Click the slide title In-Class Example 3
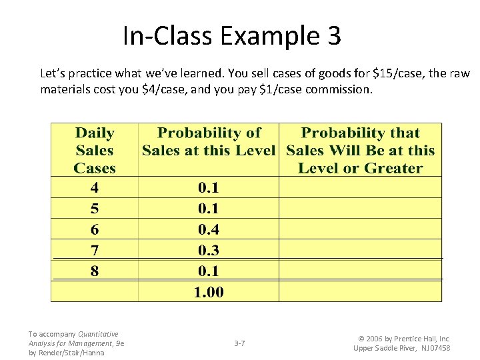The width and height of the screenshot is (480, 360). [231, 35]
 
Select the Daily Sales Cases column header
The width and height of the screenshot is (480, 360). [95, 151]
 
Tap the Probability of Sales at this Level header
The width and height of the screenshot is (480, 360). [209, 141]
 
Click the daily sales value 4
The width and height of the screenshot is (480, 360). [95, 187]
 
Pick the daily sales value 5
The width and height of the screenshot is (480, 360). [95, 208]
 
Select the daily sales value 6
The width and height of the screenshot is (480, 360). [95, 229]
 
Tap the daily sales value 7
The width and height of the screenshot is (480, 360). [95, 250]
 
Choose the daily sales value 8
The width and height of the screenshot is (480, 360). [95, 271]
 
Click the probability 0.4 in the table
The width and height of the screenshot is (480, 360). [209, 229]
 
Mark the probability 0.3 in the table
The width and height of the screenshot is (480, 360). [209, 250]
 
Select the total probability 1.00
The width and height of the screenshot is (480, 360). [209, 291]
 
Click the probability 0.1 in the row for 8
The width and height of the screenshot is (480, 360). [209, 271]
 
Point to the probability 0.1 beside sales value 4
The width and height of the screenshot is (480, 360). [209, 187]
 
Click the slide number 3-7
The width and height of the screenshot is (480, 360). [239, 343]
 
